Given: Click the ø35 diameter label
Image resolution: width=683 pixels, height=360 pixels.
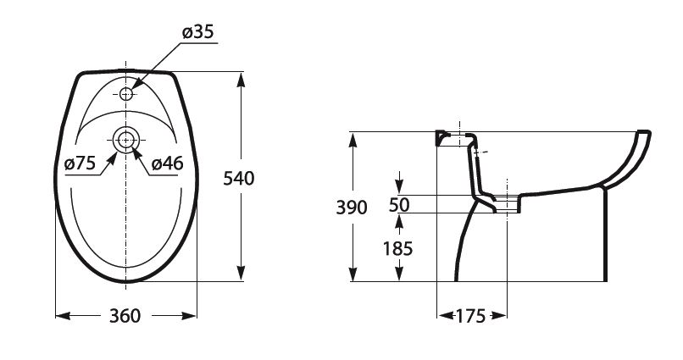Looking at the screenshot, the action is [x=198, y=32].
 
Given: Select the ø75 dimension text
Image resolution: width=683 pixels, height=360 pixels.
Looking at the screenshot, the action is [x=80, y=163].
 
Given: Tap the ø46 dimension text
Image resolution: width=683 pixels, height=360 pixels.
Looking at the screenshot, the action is [x=168, y=163].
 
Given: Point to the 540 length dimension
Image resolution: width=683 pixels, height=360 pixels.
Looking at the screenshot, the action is [x=238, y=179].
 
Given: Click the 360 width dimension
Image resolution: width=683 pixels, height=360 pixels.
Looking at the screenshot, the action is [x=125, y=316].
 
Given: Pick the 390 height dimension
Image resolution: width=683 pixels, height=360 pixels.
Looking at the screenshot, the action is [x=352, y=208].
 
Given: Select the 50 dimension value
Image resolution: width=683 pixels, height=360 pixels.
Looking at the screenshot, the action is [x=399, y=205].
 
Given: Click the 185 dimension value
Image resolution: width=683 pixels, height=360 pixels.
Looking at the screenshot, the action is [x=397, y=249].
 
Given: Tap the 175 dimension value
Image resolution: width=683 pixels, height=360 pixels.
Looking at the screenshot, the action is [x=470, y=316].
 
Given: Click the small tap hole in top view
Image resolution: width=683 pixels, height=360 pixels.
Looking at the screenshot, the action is [x=126, y=93].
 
